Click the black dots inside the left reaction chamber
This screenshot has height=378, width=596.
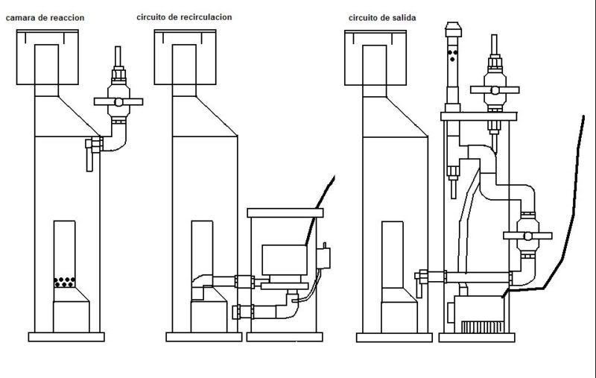click(x=64, y=282)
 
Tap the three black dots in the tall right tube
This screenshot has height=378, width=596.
click(x=452, y=55)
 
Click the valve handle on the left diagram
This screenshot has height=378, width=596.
click(x=118, y=102)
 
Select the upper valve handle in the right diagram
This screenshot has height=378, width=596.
click(x=495, y=90)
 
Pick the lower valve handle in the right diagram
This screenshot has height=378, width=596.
click(x=527, y=236)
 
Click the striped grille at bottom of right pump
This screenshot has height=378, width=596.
click(x=482, y=327)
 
